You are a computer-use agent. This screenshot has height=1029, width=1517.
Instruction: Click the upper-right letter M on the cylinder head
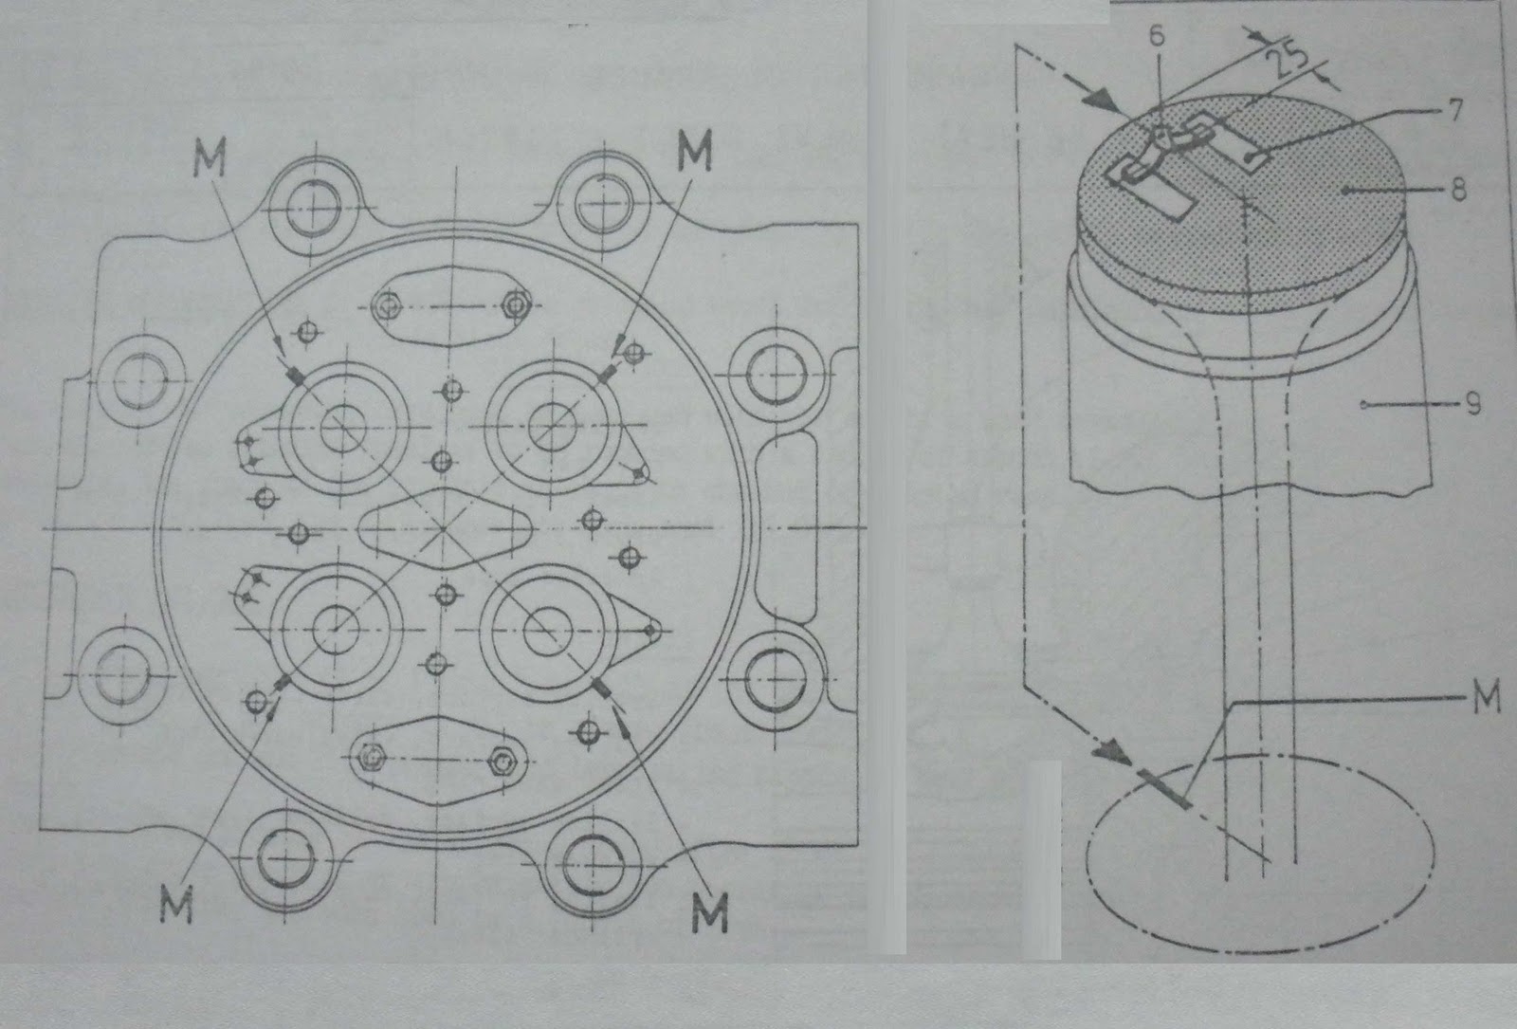[696, 151]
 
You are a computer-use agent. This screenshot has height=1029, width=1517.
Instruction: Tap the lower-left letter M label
[176, 904]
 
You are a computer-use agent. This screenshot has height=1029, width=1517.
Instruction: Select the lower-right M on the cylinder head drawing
[710, 911]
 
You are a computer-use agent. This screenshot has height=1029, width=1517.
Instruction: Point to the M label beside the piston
[1488, 697]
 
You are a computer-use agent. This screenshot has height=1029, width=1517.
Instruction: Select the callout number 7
[1453, 110]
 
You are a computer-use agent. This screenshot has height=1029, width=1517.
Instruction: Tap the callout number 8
[1458, 189]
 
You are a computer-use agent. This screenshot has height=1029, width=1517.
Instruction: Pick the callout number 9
[1472, 404]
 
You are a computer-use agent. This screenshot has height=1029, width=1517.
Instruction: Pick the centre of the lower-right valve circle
[547, 633]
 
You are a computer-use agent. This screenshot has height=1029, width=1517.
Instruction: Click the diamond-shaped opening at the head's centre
[443, 528]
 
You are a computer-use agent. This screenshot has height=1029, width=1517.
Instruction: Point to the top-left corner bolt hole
[312, 206]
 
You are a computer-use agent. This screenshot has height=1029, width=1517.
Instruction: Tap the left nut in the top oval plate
[388, 306]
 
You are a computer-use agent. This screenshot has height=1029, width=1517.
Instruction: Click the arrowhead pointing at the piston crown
[1103, 101]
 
